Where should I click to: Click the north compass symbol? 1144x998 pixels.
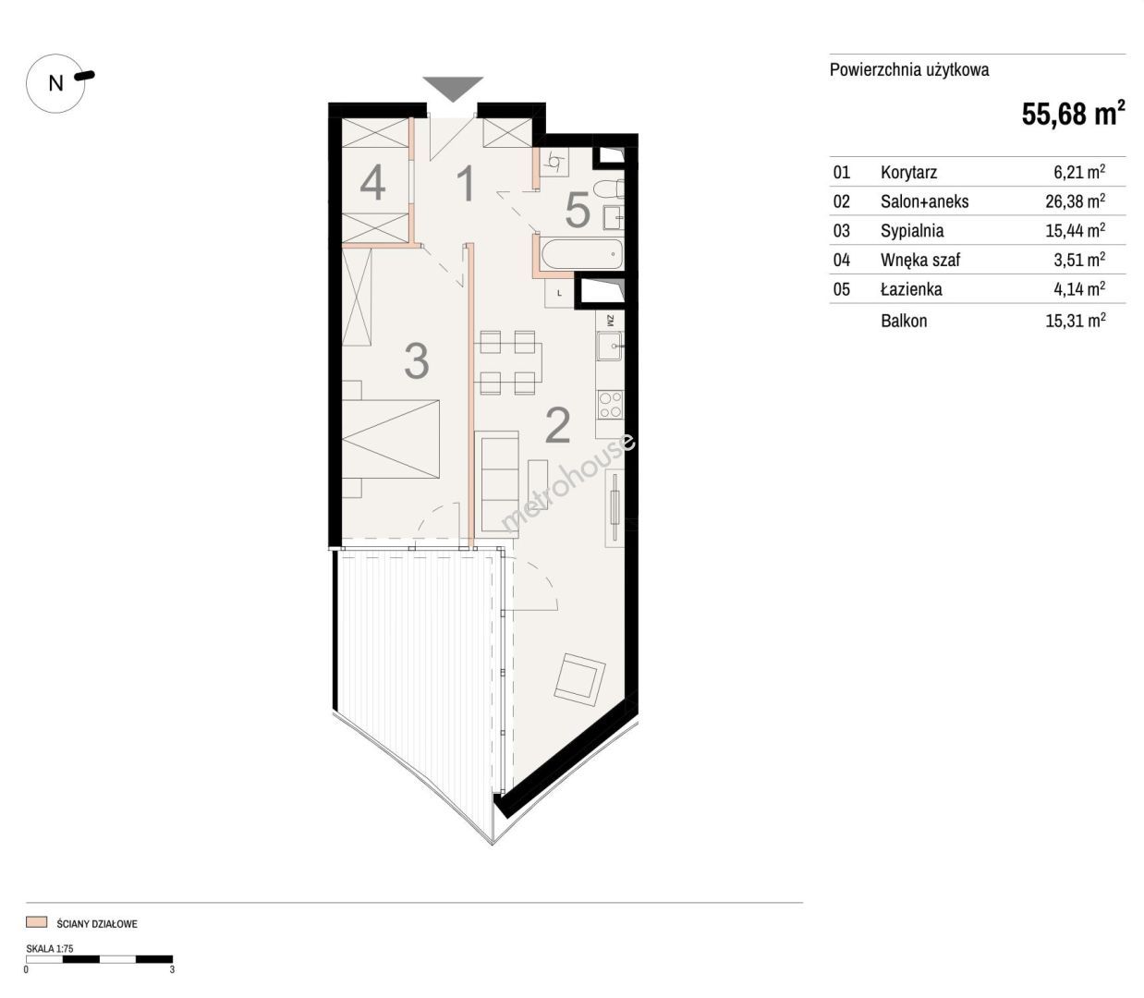pos(56,83)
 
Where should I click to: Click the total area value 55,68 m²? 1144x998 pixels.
pos(1073,114)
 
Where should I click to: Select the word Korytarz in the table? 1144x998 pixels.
pos(908,172)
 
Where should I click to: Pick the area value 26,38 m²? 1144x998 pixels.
pos(1076,201)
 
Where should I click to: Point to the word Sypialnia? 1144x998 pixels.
pos(912,230)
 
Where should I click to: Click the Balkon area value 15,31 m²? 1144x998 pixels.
pos(1076,321)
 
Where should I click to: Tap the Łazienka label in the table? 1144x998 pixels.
pos(911,288)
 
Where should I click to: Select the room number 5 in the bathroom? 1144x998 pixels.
pos(578,210)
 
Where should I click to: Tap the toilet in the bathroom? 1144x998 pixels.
pos(609,189)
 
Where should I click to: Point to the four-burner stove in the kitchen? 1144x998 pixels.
pos(610,405)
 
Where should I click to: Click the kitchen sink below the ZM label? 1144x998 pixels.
pos(610,347)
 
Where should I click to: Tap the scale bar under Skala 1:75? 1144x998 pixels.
pos(99,959)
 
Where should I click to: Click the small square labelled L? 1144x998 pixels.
pos(559,292)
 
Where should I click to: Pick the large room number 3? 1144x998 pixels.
pos(417,360)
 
